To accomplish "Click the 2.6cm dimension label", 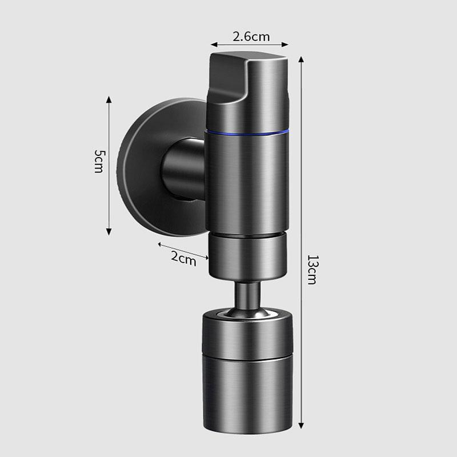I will coord(251,37).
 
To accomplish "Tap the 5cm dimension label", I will coord(99,162).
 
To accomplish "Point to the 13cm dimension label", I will coord(312,270).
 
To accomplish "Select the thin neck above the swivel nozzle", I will coord(247,294).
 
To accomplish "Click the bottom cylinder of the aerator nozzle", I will coord(247,394).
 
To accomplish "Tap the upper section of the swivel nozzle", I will coord(247,334).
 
